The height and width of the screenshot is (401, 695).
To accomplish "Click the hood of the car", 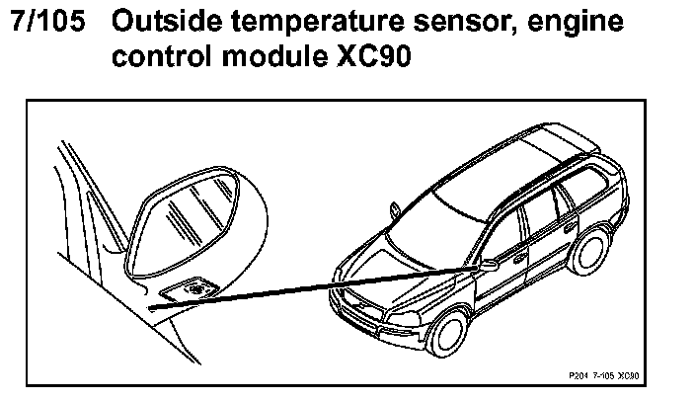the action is tap(395, 247).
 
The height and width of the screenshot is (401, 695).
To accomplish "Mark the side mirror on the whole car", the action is tap(487, 265).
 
